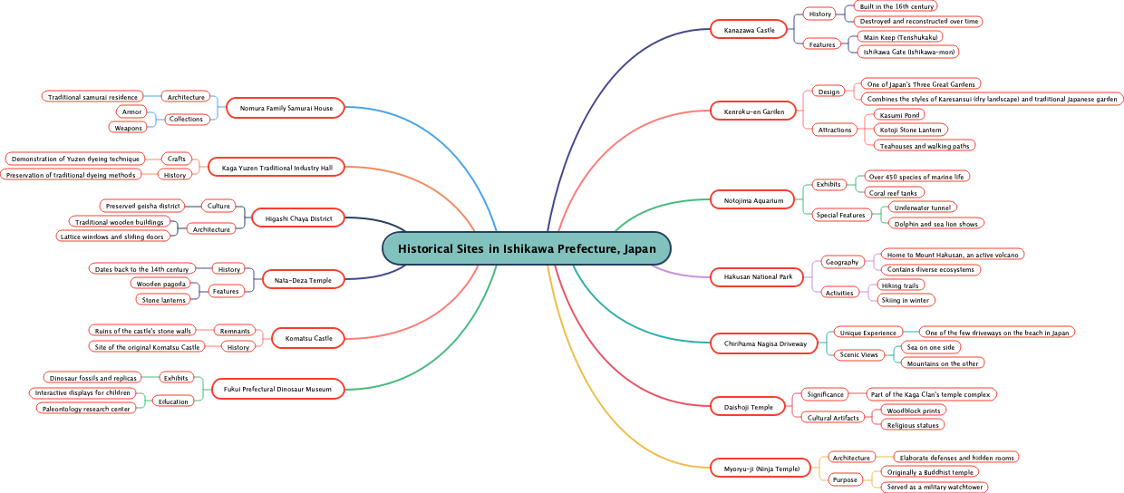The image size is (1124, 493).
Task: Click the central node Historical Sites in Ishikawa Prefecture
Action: pos(527,248)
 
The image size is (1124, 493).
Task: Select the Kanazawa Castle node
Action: pos(749,31)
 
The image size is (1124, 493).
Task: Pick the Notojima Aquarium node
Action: pos(753,200)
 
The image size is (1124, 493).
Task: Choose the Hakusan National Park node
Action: pos(757,276)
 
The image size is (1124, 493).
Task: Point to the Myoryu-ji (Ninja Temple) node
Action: pos(761,469)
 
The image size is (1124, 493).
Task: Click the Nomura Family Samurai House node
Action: pos(286,109)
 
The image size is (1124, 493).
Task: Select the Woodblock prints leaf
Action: pos(913,411)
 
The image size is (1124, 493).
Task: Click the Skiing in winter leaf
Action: pos(905,300)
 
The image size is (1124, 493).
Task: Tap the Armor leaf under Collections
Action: pos(131,111)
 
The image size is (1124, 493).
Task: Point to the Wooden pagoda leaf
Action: pos(160,284)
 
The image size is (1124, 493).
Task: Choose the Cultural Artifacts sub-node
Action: pos(833,418)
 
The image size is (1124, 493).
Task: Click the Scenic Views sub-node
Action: pos(859,355)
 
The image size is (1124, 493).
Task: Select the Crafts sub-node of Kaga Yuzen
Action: pos(178,159)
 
